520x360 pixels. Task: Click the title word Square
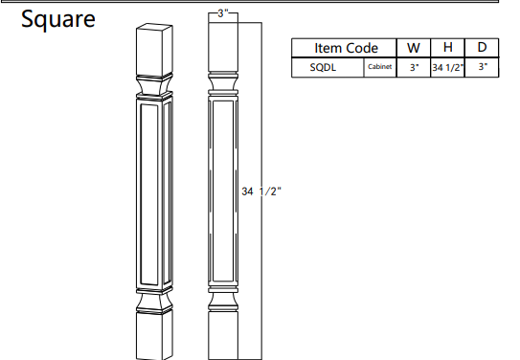(58, 19)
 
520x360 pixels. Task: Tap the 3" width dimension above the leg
(221, 11)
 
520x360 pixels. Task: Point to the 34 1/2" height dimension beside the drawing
(260, 191)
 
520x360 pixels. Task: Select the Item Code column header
(346, 48)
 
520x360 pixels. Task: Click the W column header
(413, 48)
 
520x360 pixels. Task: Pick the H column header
(447, 48)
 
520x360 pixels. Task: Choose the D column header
(482, 48)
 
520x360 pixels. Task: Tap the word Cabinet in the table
(380, 67)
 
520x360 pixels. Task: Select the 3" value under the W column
(413, 67)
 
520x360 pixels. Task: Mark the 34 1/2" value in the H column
(447, 67)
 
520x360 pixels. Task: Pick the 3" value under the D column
(482, 67)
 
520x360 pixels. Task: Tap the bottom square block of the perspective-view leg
(153, 335)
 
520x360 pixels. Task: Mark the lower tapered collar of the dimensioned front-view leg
(221, 300)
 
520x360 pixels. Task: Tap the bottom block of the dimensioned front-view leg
(221, 335)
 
